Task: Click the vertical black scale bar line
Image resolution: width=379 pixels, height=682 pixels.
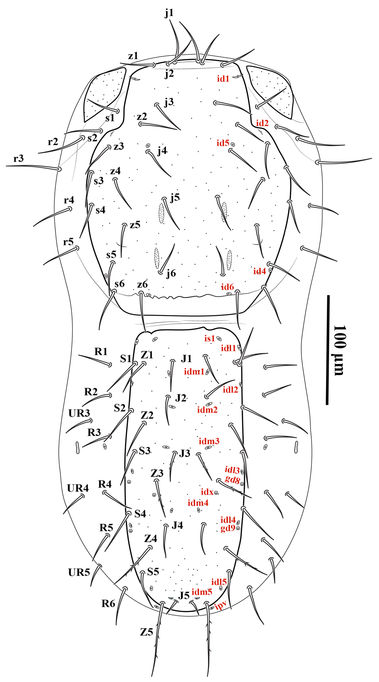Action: pyautogui.click(x=328, y=350)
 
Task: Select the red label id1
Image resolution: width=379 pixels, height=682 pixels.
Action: pyautogui.click(x=223, y=79)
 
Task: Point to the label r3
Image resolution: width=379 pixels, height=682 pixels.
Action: pyautogui.click(x=19, y=158)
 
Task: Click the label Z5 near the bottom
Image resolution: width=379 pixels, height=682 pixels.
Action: pyautogui.click(x=146, y=632)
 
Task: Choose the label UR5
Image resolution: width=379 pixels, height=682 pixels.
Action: pyautogui.click(x=79, y=572)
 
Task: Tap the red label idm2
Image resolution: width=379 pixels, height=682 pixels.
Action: pyautogui.click(x=207, y=410)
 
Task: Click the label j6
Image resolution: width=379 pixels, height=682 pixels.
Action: pyautogui.click(x=171, y=273)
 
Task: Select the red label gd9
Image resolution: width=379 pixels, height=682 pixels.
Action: pyautogui.click(x=228, y=528)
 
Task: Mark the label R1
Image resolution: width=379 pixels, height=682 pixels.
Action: pyautogui.click(x=101, y=352)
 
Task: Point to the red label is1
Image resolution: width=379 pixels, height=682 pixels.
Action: pyautogui.click(x=210, y=338)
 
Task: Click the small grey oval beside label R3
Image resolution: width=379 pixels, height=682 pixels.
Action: pyautogui.click(x=77, y=448)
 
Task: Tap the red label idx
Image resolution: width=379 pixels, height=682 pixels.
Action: pyautogui.click(x=207, y=492)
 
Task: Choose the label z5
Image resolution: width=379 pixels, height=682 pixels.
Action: pyautogui.click(x=135, y=225)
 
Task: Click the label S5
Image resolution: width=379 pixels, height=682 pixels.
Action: pyautogui.click(x=153, y=572)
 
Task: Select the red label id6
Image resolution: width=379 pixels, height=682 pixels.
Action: pyautogui.click(x=227, y=287)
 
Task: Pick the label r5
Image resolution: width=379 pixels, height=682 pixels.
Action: pyautogui.click(x=68, y=242)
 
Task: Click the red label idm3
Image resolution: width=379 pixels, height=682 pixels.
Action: pyautogui.click(x=209, y=441)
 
